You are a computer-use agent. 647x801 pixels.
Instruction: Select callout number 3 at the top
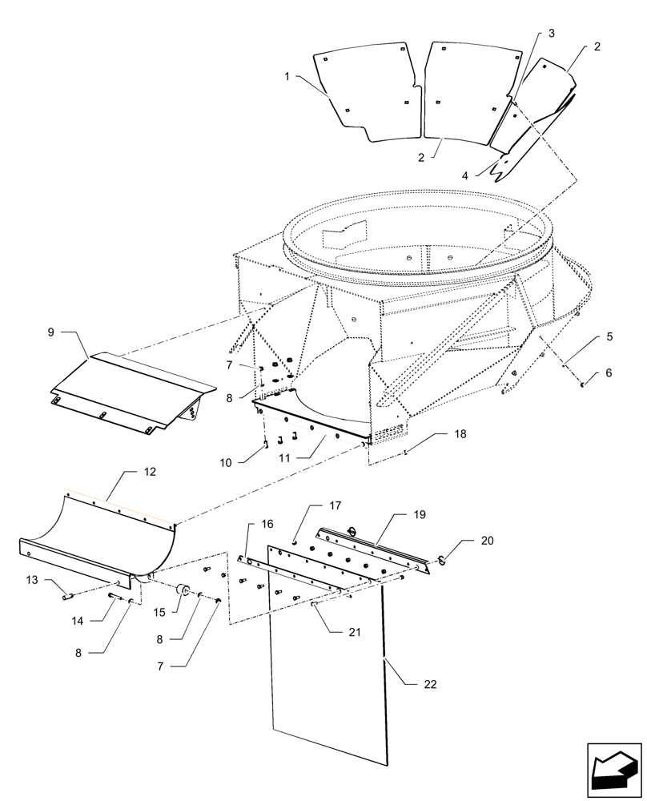(551, 34)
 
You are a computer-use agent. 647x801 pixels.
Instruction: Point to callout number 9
(51, 332)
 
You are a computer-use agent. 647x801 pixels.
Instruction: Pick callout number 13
(32, 580)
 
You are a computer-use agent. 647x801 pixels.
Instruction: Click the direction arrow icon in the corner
(614, 770)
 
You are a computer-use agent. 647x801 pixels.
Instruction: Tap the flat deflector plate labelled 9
(128, 388)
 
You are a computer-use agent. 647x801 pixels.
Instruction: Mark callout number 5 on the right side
(609, 336)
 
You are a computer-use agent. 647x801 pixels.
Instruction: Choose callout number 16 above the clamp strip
(267, 524)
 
